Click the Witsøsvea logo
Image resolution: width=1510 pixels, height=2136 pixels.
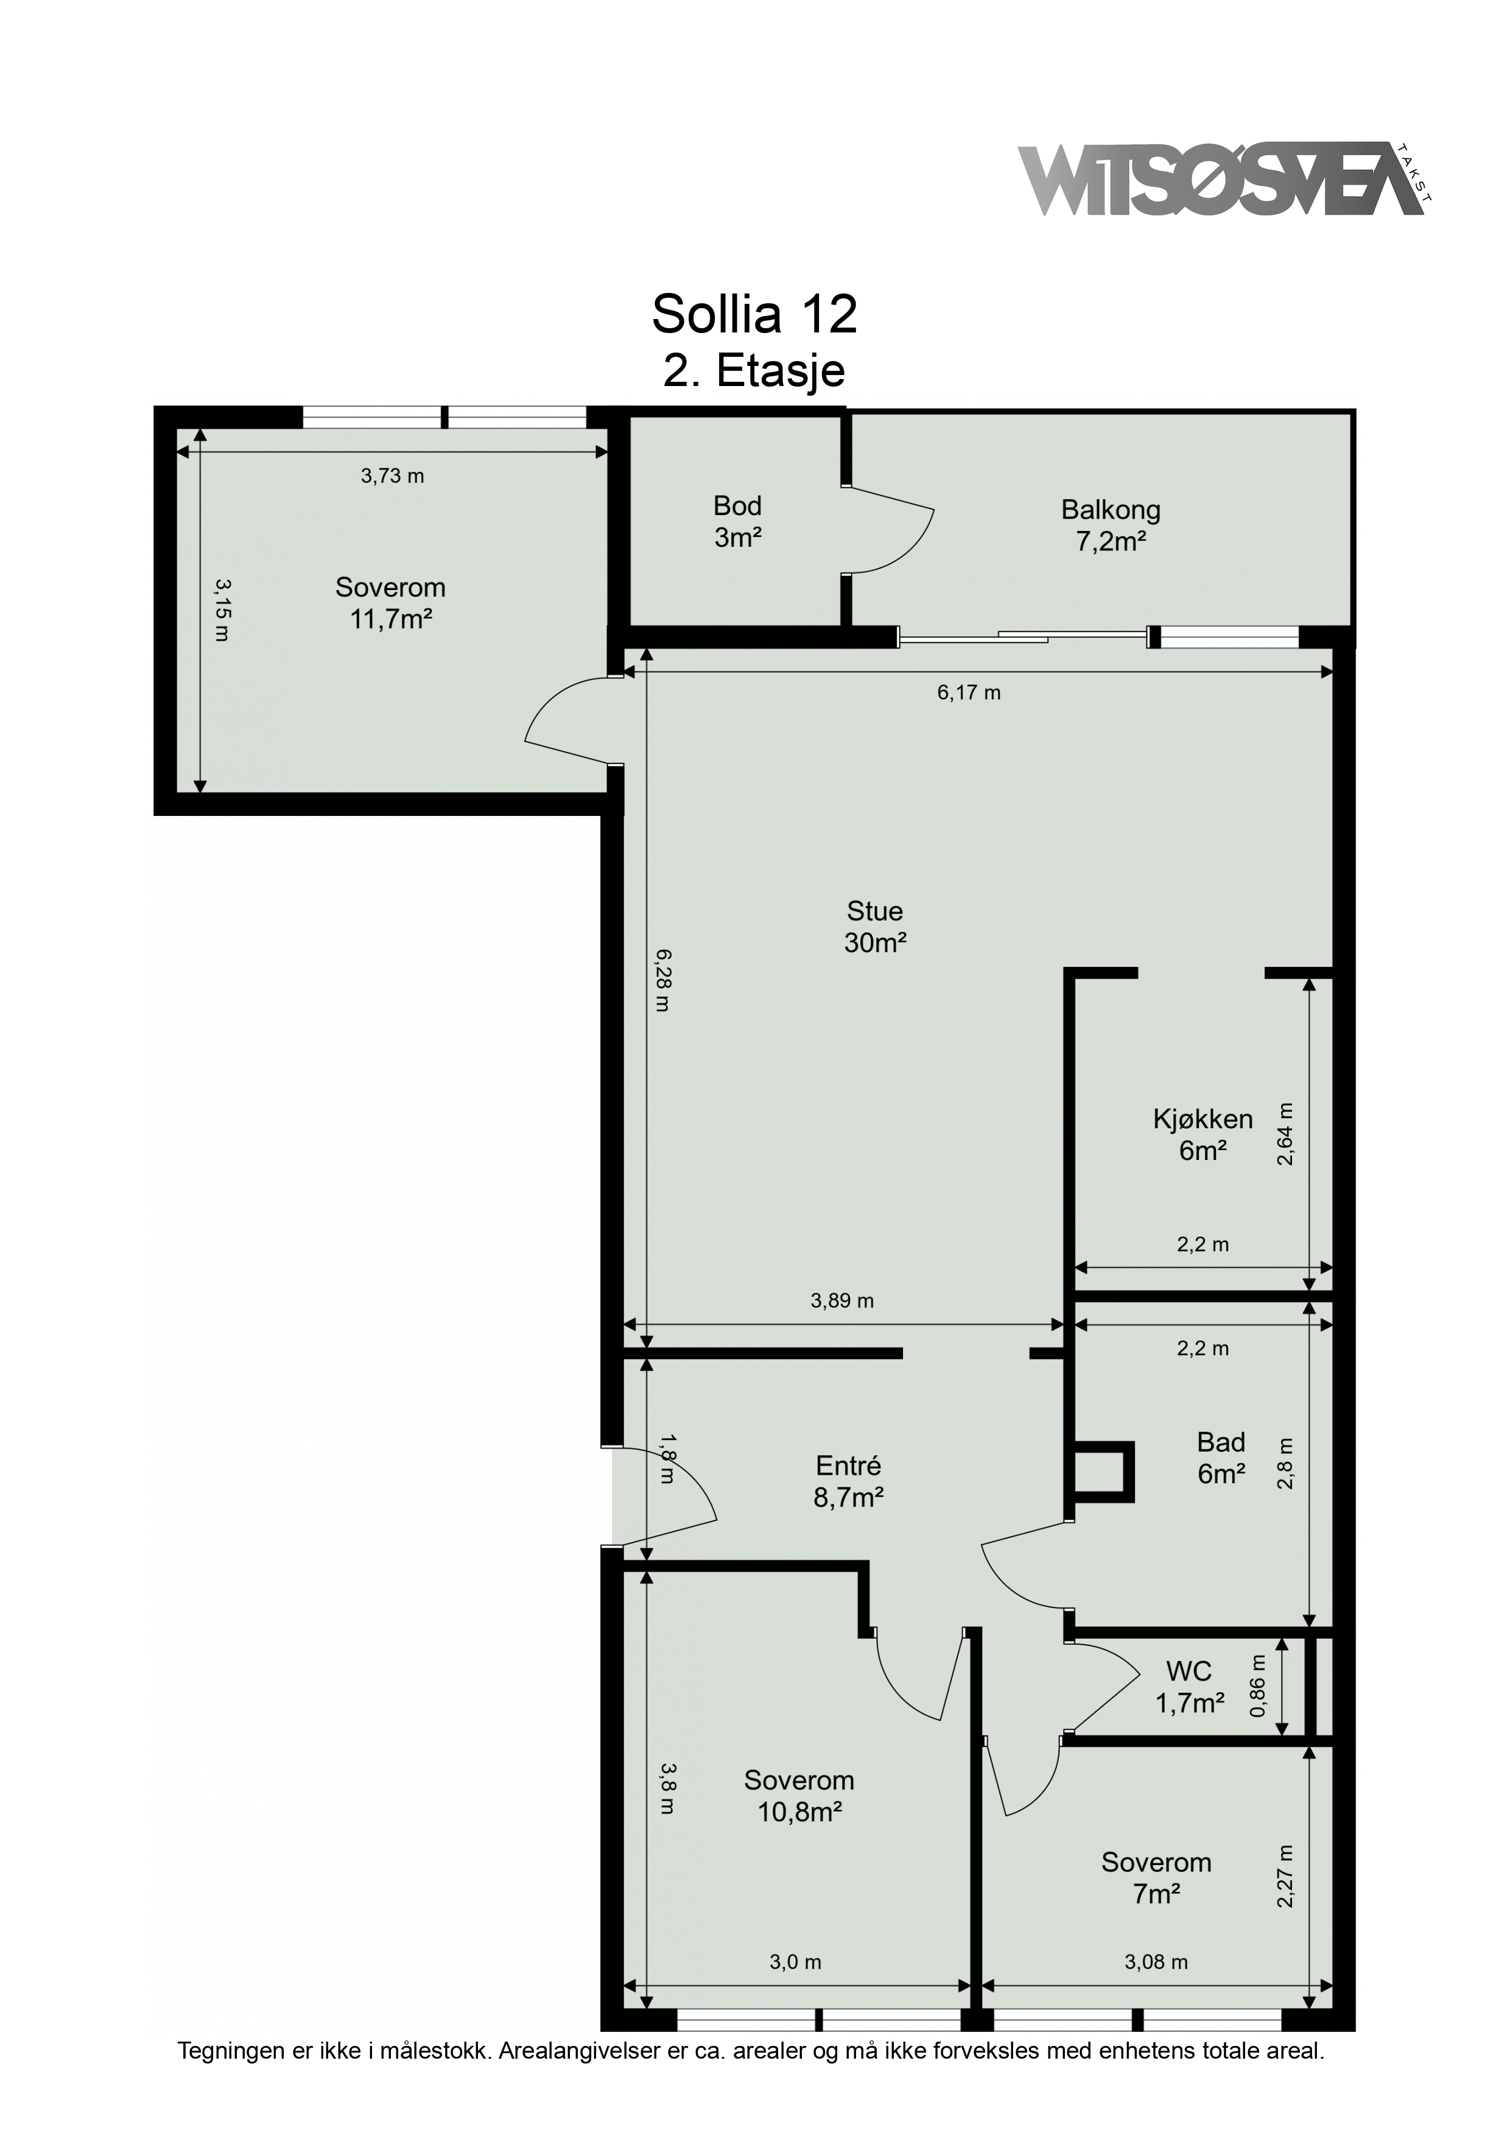click(1224, 180)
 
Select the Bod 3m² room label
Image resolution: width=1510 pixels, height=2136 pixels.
click(738, 522)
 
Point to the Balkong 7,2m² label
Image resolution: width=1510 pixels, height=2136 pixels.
click(1111, 525)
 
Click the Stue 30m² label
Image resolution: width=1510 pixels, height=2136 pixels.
click(874, 927)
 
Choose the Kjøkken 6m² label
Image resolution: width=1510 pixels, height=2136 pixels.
click(1203, 1135)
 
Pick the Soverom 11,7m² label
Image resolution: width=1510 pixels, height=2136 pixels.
click(391, 603)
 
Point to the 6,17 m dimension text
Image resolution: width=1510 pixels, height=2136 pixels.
click(969, 692)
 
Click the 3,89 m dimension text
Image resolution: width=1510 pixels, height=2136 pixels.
click(842, 1301)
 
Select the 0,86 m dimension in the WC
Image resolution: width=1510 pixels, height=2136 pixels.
click(1258, 1699)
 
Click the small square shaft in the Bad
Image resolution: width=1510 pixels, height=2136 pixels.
click(1103, 1472)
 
